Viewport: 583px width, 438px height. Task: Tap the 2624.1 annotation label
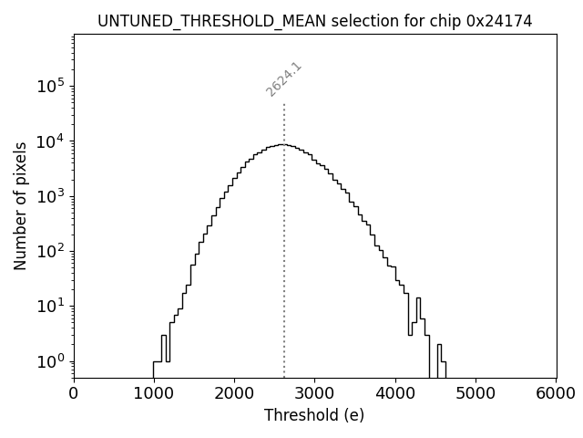point(284,79)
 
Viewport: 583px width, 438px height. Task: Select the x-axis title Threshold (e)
point(314,415)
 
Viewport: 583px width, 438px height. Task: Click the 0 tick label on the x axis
point(74,394)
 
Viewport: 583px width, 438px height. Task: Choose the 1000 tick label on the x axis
point(154,394)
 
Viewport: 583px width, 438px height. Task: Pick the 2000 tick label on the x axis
point(234,394)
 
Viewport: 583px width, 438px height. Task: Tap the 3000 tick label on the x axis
point(314,394)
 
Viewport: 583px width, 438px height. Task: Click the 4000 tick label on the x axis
point(395,394)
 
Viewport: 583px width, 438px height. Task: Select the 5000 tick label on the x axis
point(476,394)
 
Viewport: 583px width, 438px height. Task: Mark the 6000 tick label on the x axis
point(556,394)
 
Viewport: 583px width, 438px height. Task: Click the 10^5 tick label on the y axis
point(49,87)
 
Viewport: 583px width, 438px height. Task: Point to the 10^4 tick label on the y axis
point(49,141)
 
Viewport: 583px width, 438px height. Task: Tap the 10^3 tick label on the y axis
point(49,196)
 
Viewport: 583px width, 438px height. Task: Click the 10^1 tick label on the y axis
point(49,307)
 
